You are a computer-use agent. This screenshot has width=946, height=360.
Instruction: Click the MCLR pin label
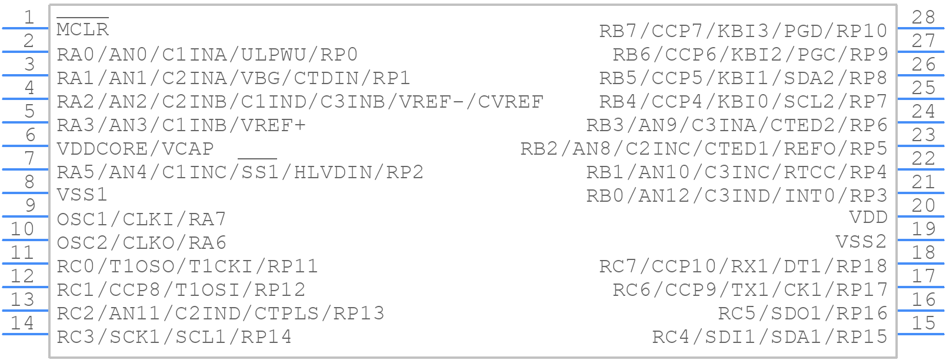[x=82, y=29]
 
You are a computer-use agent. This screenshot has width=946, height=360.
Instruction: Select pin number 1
[x=28, y=18]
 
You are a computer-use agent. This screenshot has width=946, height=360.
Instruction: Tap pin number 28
[x=923, y=18]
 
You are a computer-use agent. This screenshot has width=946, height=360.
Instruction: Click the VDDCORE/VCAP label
[x=135, y=148]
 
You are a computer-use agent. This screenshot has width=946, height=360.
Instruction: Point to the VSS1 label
[x=82, y=195]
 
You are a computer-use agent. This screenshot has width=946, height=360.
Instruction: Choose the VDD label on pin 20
[x=868, y=218]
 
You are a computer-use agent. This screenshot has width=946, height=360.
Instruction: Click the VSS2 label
[x=861, y=242]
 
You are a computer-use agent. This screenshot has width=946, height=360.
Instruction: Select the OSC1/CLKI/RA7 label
[x=141, y=219]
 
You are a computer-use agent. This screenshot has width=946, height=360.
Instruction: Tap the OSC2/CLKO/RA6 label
[x=141, y=242]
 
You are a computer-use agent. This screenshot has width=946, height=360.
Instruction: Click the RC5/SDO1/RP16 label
[x=802, y=313]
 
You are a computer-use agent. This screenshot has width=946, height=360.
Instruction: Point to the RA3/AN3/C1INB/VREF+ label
[x=181, y=125]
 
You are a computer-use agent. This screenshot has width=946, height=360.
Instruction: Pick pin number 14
[x=23, y=323]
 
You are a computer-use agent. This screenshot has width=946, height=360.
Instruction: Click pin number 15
[x=923, y=323]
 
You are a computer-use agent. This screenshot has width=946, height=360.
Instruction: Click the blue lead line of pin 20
[x=921, y=216]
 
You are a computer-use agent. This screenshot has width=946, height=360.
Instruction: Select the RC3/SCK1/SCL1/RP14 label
[x=174, y=336]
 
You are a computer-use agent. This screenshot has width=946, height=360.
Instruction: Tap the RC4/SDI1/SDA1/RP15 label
[x=770, y=336]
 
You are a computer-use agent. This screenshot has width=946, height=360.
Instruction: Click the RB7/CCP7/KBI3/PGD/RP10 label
[x=743, y=31]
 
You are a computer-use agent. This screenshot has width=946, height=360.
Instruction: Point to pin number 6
[x=29, y=135]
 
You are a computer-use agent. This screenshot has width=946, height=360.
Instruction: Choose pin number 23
[x=923, y=135]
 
